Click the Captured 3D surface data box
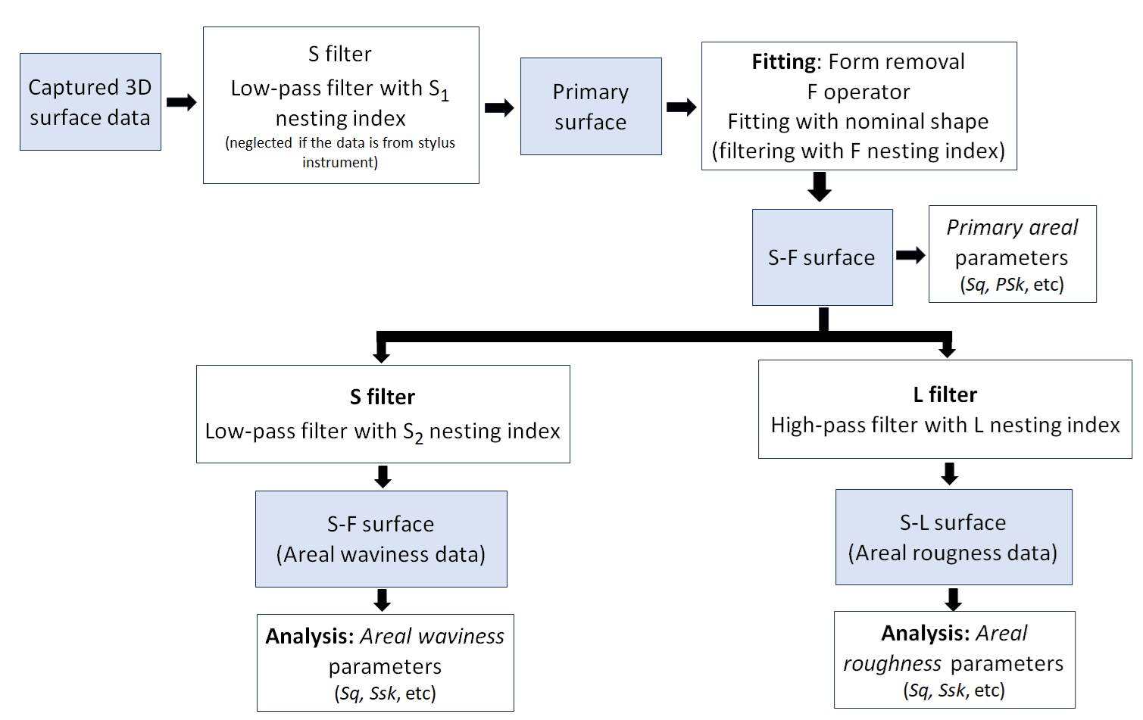coord(90,101)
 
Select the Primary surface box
coord(591,107)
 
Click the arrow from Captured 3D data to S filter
coord(182,102)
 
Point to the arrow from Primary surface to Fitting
coord(682,107)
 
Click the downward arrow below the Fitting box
coord(820,186)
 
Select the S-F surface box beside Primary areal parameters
coord(822,257)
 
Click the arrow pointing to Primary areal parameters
coord(910,255)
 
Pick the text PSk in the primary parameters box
coord(1010,285)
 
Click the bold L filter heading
coord(945,394)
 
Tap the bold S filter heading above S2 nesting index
coord(383,397)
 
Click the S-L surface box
coord(953,537)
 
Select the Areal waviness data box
coord(381,539)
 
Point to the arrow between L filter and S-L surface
coord(949,473)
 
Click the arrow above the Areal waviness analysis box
coord(383,600)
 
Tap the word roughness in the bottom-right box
coord(882,664)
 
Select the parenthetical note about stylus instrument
coord(340,152)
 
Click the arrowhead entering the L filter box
coord(947,351)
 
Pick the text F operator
coord(858,92)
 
